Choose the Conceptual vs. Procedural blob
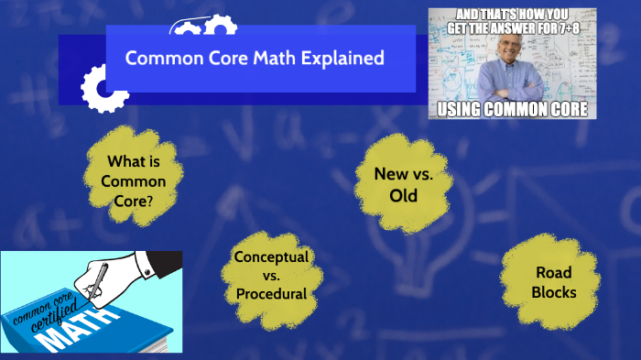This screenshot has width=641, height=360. pos(271,275)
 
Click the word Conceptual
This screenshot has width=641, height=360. pos(271,256)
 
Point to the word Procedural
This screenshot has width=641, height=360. pos(271,294)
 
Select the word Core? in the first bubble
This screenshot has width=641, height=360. pos(134,197)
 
